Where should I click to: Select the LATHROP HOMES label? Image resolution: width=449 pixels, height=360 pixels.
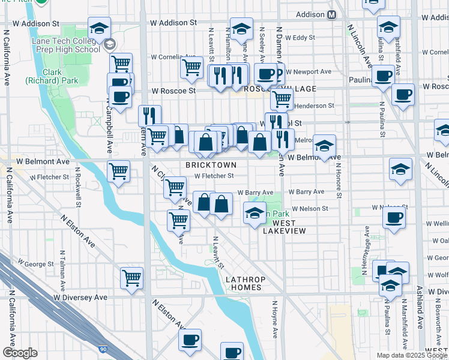243,283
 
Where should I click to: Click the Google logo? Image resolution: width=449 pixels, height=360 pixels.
20,353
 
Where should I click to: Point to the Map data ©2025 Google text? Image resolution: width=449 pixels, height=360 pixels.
411,355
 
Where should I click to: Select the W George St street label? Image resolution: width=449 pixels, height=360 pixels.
35,263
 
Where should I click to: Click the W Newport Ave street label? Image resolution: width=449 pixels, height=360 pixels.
308,71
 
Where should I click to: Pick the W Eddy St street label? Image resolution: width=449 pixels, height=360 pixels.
300,37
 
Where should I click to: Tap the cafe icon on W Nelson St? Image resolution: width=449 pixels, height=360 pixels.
394,218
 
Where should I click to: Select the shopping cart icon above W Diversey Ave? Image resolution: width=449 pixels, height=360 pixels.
131,278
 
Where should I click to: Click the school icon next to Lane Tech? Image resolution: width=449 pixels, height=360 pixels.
99,28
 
